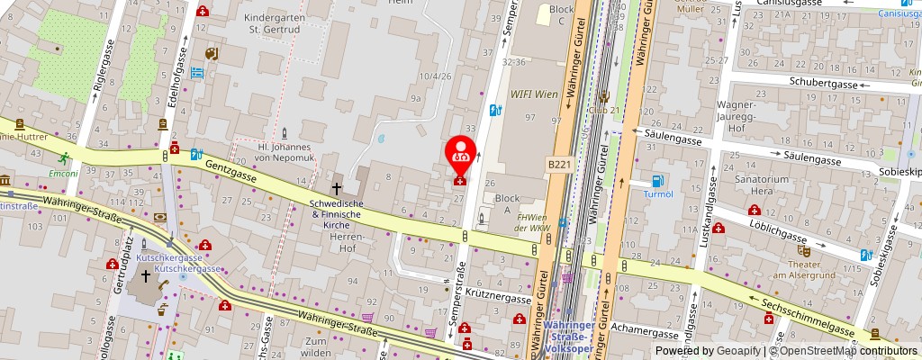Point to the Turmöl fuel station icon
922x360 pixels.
pyautogui.click(x=657, y=181)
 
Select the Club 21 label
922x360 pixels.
pyautogui.click(x=605, y=109)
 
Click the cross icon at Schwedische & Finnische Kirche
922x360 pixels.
pyautogui.click(x=336, y=189)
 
